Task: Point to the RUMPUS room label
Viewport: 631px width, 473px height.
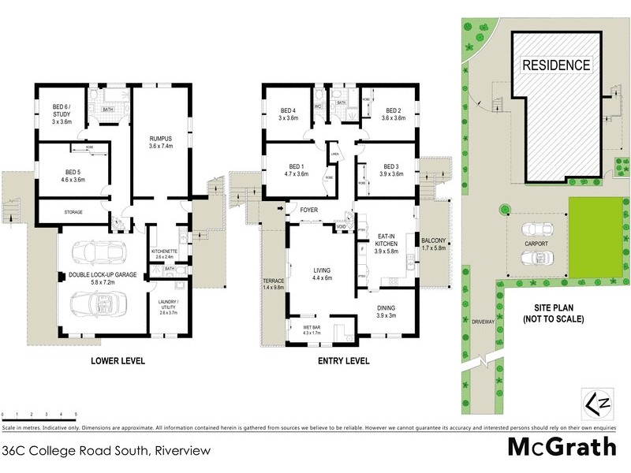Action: click(160, 143)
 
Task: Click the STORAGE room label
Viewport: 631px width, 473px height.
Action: click(73, 212)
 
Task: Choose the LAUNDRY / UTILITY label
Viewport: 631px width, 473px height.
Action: click(166, 306)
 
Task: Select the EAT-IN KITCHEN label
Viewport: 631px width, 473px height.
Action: click(386, 244)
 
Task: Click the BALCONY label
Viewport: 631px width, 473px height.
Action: click(434, 244)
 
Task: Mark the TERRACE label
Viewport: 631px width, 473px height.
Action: click(272, 284)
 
